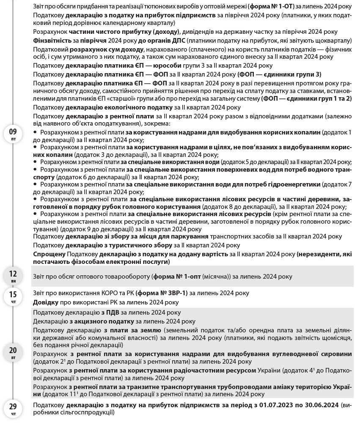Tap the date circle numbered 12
coord(13,276)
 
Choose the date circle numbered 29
coord(13,409)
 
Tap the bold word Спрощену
coord(49,254)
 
